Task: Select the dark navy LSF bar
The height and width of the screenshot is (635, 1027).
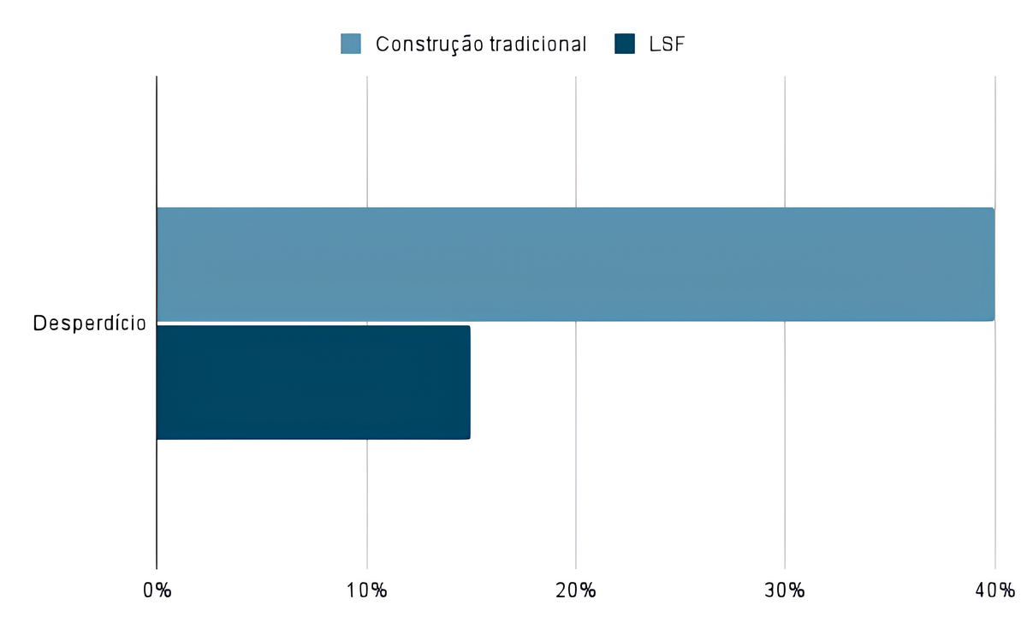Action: click(313, 382)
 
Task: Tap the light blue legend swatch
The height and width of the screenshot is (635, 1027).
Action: click(351, 44)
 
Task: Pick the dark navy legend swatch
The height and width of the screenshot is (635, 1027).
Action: click(625, 44)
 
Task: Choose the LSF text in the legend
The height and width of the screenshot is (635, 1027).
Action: click(668, 45)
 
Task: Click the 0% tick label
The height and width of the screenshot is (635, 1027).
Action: click(157, 590)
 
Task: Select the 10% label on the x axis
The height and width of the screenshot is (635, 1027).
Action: click(367, 590)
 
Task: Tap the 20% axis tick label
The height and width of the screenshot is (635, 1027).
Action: click(576, 590)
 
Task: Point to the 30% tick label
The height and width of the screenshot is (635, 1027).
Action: click(785, 590)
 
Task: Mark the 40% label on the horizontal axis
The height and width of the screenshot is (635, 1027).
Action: click(994, 590)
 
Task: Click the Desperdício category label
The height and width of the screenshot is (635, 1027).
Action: click(89, 324)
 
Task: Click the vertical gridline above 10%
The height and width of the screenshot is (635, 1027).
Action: click(367, 137)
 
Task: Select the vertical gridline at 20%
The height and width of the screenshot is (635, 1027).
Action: click(576, 137)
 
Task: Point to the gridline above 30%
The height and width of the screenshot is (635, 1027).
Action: click(785, 137)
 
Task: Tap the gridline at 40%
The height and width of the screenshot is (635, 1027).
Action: click(994, 137)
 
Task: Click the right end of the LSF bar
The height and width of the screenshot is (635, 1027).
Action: click(468, 382)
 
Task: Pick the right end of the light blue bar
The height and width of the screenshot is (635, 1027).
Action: click(992, 264)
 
